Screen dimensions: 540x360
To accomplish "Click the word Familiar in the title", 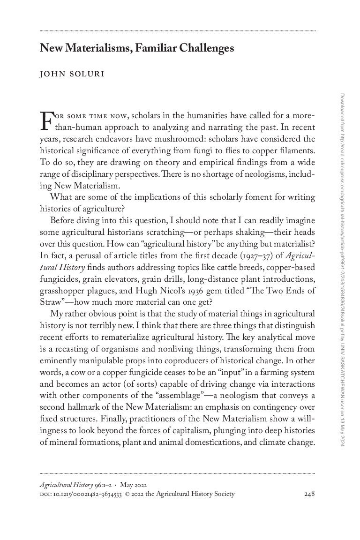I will [x=155, y=48].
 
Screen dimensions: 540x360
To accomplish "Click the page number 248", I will [x=309, y=494].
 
